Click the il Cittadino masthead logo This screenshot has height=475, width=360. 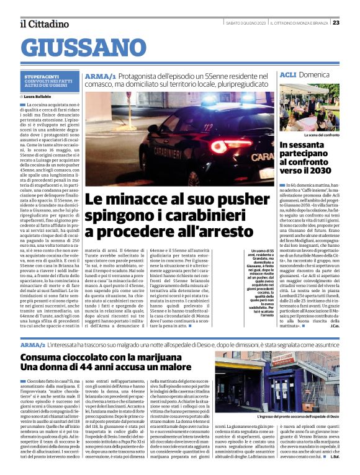(43, 24)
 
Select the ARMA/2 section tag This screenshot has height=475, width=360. (33, 344)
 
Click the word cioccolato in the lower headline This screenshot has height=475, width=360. (97, 358)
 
